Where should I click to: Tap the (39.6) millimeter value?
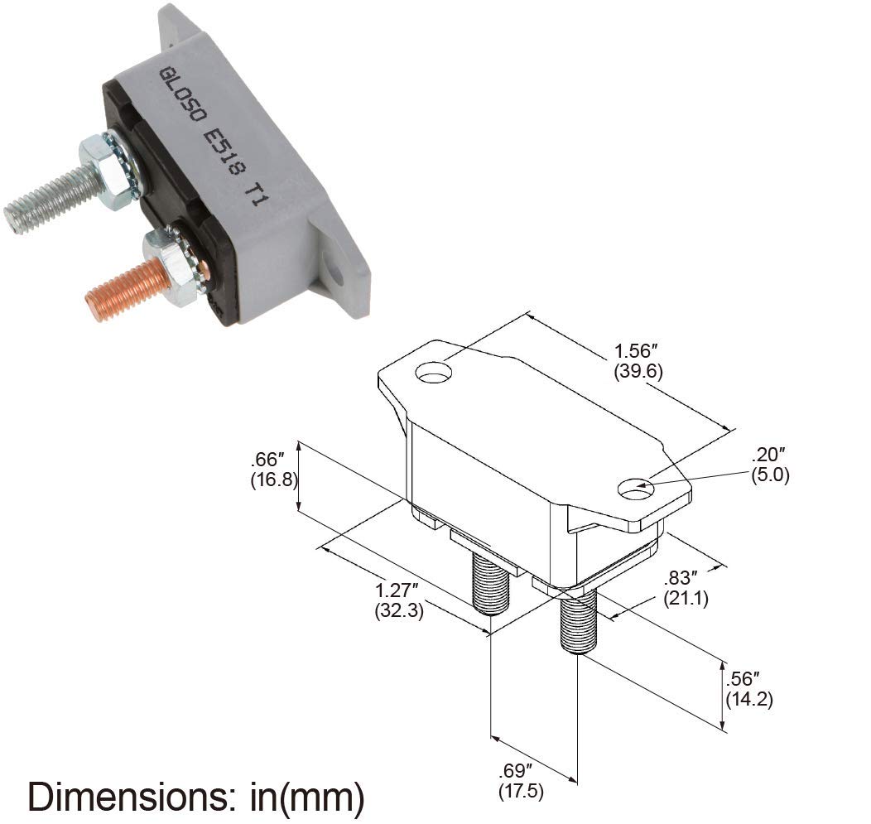638,371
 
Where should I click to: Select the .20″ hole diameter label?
768,455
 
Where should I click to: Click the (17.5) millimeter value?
521,792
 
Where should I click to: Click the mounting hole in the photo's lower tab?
334,271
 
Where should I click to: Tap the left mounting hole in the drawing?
433,374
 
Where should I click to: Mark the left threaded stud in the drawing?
489,583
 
